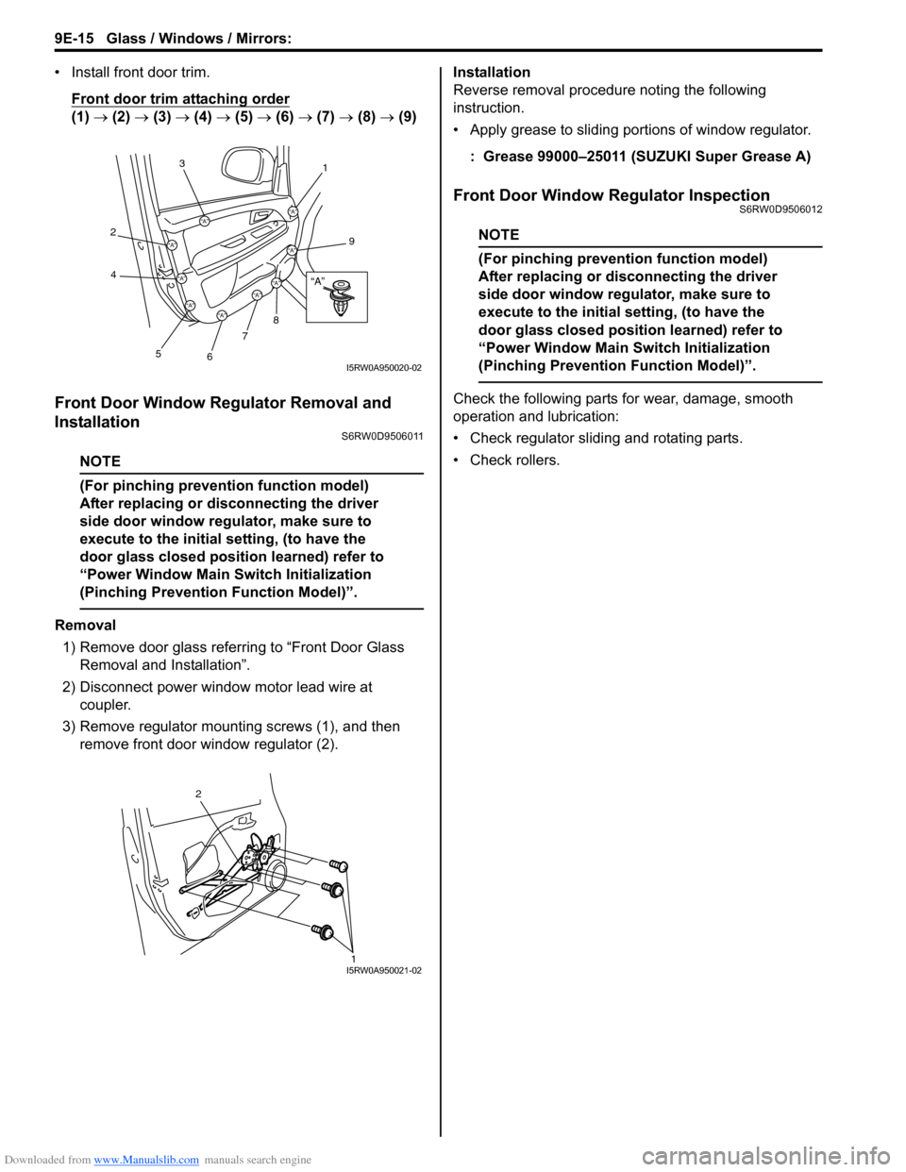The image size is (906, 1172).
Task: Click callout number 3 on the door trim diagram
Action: tap(182, 164)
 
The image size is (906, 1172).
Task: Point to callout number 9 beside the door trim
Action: tap(351, 242)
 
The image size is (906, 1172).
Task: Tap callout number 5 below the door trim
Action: tap(159, 354)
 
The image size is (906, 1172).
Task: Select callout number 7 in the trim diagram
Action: tap(244, 336)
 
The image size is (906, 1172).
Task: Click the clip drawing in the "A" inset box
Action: tap(340, 296)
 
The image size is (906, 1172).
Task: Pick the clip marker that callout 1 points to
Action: tap(293, 211)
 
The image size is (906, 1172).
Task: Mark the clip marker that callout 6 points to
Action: tap(222, 314)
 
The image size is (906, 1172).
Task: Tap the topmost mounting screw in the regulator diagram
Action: tap(340, 864)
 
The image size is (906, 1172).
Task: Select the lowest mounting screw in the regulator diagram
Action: tap(324, 931)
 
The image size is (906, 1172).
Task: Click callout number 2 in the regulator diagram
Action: tap(198, 794)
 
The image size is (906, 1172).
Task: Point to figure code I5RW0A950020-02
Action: tap(383, 368)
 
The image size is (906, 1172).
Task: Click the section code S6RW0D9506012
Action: tap(776, 209)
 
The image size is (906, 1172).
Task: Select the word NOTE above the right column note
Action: tap(498, 235)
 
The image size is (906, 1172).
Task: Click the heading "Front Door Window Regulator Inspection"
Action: tap(611, 195)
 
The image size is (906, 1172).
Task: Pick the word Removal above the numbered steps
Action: tap(86, 625)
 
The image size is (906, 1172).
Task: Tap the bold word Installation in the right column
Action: tap(492, 72)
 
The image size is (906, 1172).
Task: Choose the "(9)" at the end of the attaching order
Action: tap(407, 117)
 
